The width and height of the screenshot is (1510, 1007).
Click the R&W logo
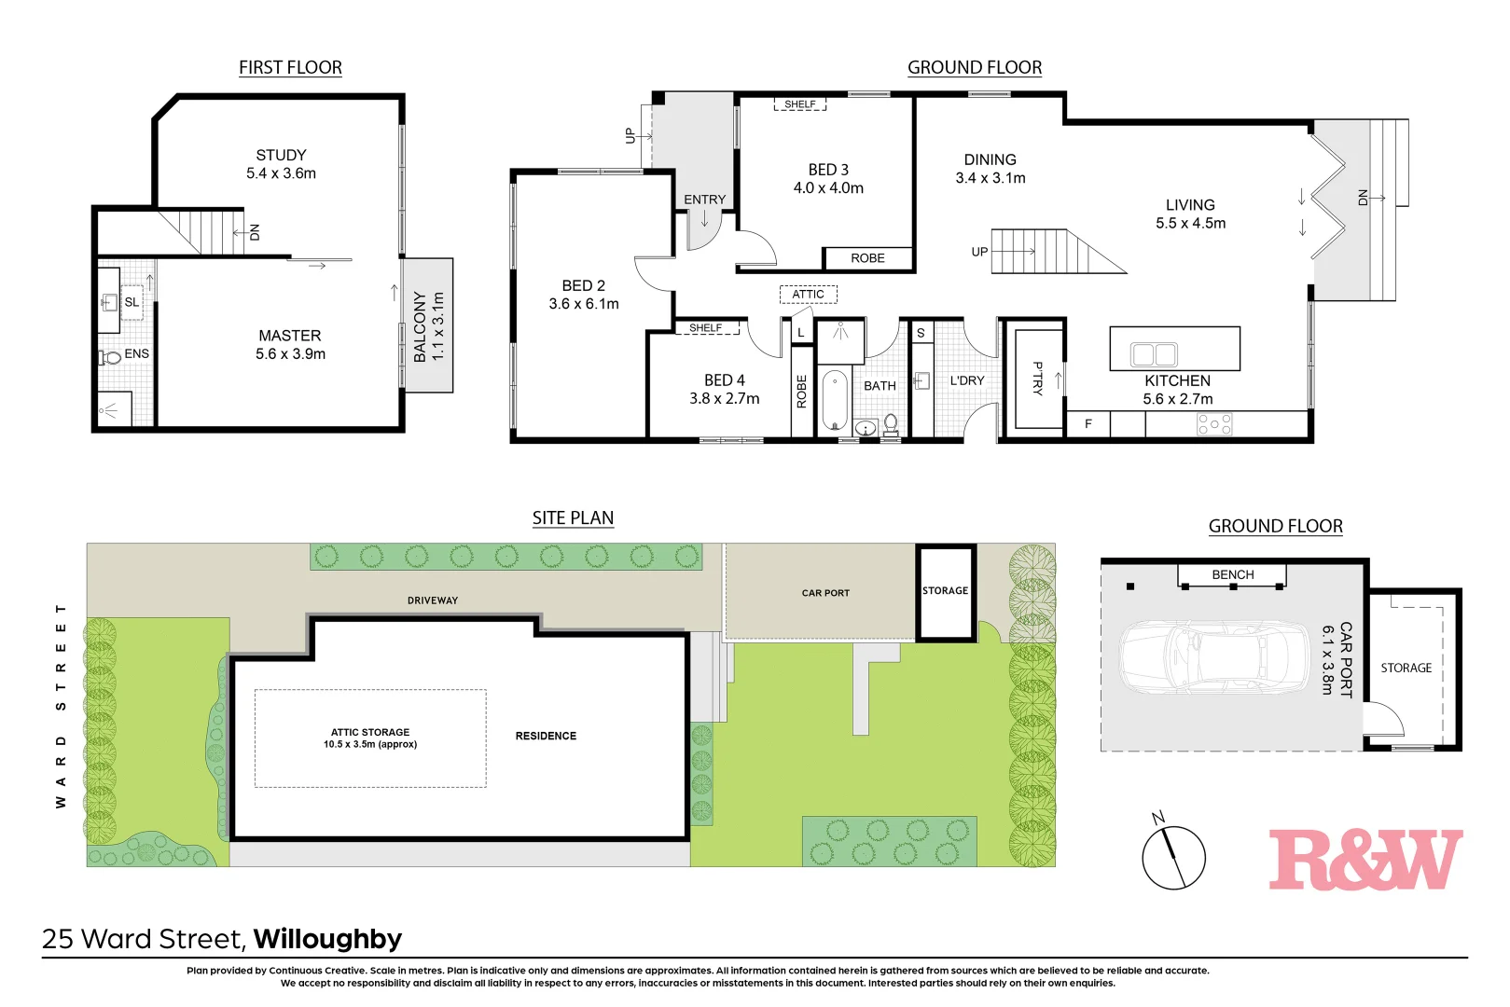click(x=1365, y=860)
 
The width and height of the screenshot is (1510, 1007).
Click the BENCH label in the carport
click(x=1232, y=574)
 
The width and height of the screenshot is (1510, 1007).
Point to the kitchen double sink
click(x=1154, y=354)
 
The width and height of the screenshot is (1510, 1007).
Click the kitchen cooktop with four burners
click(x=1214, y=424)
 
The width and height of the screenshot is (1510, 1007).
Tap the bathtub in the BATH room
click(x=834, y=400)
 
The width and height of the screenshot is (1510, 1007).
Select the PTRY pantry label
click(x=1037, y=378)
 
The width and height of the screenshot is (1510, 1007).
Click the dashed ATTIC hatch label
click(x=808, y=294)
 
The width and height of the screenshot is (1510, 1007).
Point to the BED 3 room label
click(x=828, y=178)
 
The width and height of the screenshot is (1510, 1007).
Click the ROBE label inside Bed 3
click(x=867, y=258)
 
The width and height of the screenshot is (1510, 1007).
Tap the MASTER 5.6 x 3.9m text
click(x=290, y=344)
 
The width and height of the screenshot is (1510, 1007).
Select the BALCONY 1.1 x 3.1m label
click(x=428, y=326)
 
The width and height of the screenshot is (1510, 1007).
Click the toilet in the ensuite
click(x=111, y=356)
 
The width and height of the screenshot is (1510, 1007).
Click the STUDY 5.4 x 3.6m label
click(x=281, y=164)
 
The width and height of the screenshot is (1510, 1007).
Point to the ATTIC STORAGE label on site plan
click(x=370, y=738)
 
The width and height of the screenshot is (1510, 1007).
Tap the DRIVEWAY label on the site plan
click(x=433, y=600)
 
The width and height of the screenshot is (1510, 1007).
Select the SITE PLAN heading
click(x=573, y=517)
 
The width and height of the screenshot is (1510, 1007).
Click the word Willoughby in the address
click(x=327, y=938)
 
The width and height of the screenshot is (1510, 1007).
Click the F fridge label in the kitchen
click(x=1087, y=423)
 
